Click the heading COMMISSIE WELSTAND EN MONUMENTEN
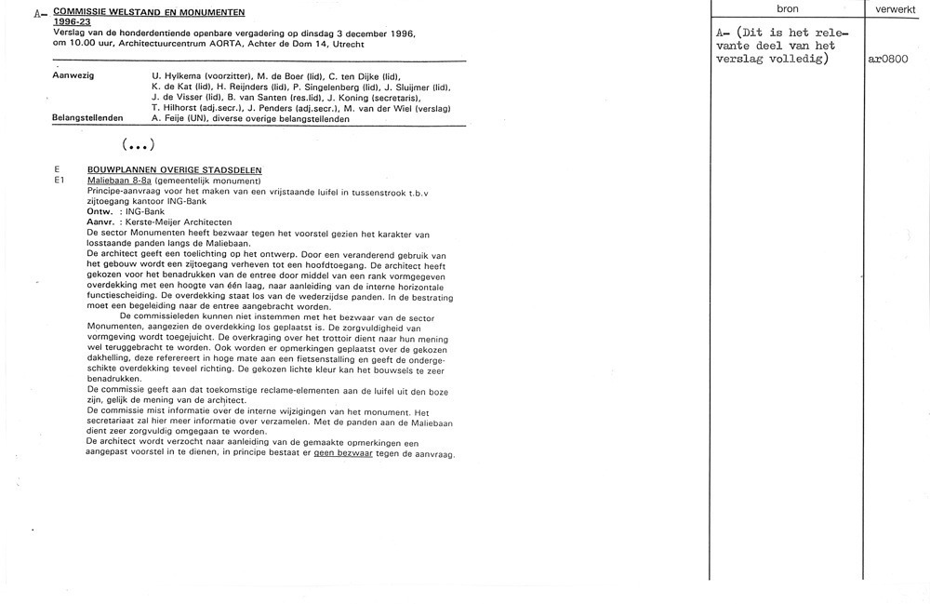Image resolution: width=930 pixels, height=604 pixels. click(x=150, y=12)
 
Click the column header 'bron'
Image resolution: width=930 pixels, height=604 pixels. click(x=786, y=8)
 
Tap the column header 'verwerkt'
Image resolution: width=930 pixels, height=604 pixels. click(x=897, y=8)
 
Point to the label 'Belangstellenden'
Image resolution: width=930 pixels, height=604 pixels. click(x=88, y=118)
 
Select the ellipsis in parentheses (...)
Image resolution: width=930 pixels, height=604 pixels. click(x=138, y=146)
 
